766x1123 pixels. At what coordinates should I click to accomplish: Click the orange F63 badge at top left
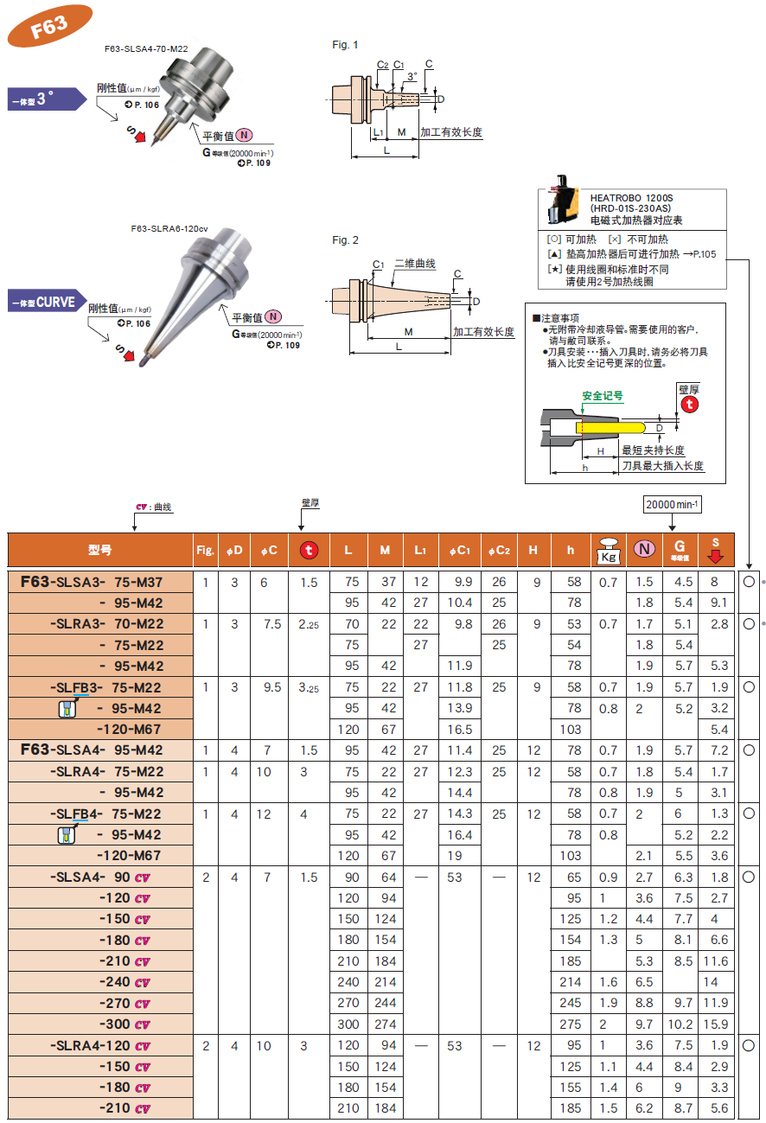click(x=49, y=26)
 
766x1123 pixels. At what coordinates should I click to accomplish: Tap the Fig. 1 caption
click(x=345, y=45)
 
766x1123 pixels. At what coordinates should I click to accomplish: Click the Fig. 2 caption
click(x=345, y=240)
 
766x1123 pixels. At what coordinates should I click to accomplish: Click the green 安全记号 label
click(x=603, y=396)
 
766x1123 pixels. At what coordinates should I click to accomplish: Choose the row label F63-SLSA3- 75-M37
click(x=92, y=583)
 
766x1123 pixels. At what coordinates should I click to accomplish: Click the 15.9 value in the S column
click(x=716, y=1024)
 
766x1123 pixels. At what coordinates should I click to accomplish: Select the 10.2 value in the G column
click(x=682, y=1024)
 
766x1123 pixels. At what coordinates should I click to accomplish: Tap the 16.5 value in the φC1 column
click(x=460, y=730)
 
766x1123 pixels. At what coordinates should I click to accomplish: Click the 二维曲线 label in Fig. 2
click(x=415, y=264)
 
